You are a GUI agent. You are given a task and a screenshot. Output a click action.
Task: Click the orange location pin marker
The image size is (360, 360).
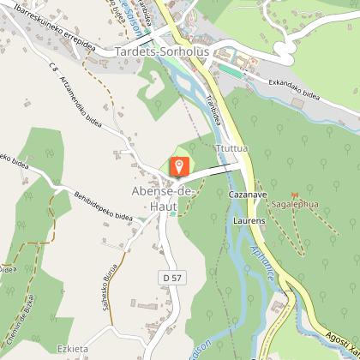point(180,165)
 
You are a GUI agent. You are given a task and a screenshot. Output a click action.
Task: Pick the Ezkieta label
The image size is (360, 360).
point(74,349)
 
